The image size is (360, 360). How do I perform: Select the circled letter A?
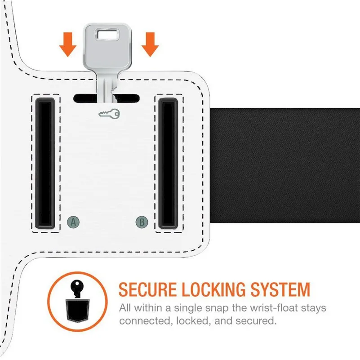(x=73, y=221)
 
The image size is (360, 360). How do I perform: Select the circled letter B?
(x=142, y=221)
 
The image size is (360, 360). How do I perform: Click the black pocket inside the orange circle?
(x=77, y=308)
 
